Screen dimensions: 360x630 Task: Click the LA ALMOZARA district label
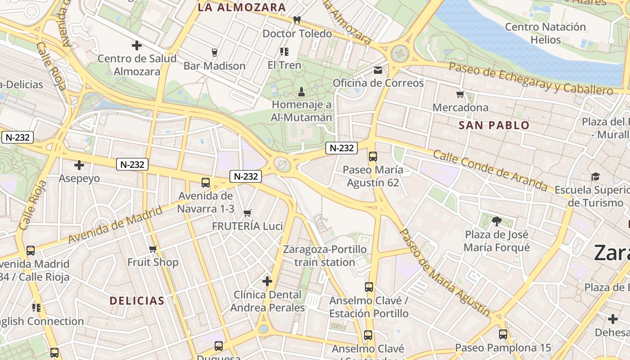(x=242, y=7)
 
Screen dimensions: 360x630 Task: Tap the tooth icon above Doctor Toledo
(x=297, y=20)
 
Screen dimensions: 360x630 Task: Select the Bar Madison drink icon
(x=214, y=53)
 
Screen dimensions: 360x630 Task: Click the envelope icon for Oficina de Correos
(x=378, y=70)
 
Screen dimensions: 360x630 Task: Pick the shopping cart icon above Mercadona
(x=460, y=94)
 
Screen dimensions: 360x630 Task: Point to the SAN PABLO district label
(x=494, y=126)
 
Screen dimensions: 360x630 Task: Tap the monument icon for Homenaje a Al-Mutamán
(x=301, y=92)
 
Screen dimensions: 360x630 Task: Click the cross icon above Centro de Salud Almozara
(x=137, y=45)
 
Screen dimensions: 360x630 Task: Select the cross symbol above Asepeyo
(x=79, y=165)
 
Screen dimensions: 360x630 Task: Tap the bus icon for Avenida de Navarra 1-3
(x=206, y=183)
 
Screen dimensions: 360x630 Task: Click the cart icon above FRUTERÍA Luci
(x=247, y=213)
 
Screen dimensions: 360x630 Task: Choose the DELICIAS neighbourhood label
(x=137, y=301)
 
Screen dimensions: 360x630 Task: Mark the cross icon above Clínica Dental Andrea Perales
(x=267, y=282)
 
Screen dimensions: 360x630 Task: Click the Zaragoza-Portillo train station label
(x=324, y=256)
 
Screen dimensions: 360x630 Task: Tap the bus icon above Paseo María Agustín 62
(x=373, y=157)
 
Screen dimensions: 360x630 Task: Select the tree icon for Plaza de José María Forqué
(x=497, y=221)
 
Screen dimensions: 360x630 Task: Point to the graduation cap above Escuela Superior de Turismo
(x=595, y=176)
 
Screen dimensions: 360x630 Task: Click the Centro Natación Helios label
(x=545, y=33)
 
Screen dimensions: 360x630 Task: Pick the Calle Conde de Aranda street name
(x=490, y=170)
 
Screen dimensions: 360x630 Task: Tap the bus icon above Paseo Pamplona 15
(x=503, y=334)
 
